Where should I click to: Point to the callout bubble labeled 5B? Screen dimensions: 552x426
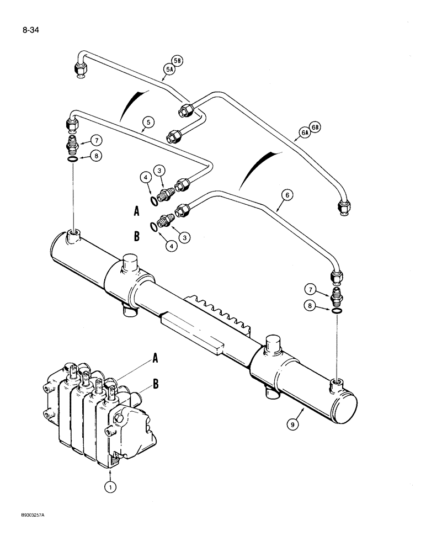[x=176, y=62]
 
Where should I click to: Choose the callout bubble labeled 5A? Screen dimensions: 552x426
[x=167, y=70]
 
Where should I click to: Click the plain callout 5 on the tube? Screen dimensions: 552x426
[x=147, y=123]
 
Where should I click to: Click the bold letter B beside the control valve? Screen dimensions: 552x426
[x=156, y=384]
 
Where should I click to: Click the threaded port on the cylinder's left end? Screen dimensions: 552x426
[x=73, y=238]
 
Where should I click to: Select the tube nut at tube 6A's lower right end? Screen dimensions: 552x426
[x=343, y=207]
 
